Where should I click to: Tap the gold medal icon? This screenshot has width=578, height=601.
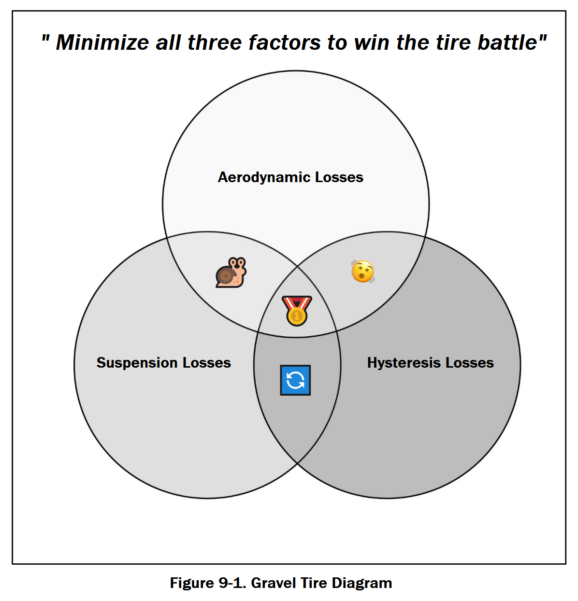(x=296, y=311)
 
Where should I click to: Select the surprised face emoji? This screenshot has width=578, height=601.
(x=362, y=271)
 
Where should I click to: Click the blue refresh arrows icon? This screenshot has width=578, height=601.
(x=295, y=380)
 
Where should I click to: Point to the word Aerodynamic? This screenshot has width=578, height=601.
(x=264, y=177)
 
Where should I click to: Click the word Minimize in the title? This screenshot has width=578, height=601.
(x=102, y=43)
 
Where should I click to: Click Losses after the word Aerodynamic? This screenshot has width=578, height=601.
(x=339, y=177)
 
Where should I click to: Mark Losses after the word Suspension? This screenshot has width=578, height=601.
(x=207, y=363)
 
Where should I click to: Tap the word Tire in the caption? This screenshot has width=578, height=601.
(x=314, y=583)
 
